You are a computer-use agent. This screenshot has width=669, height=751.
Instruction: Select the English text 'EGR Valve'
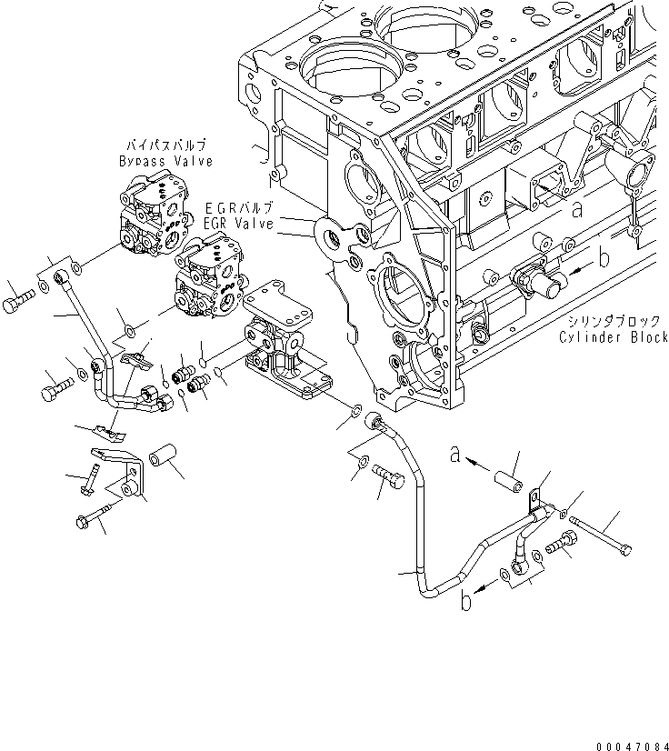click(237, 222)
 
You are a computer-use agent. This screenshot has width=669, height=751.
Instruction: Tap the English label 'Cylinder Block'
click(614, 336)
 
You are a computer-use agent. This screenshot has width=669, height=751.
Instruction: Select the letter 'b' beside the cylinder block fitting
click(604, 259)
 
